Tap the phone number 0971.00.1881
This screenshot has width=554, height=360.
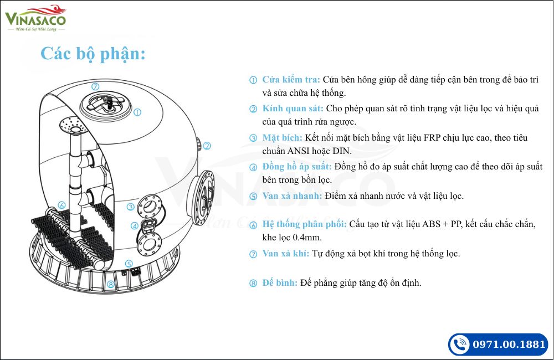tap(509, 344)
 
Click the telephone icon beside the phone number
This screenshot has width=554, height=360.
tap(460, 344)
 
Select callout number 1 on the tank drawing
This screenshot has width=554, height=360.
tap(137, 112)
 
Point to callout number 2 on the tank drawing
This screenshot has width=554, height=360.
tap(207, 146)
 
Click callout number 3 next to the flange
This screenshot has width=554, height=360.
tap(130, 207)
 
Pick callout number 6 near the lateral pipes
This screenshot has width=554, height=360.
tap(61, 205)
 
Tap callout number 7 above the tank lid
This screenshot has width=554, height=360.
tap(95, 86)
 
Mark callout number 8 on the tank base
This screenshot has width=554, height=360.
tap(111, 284)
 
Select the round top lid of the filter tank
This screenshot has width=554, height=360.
tap(106, 105)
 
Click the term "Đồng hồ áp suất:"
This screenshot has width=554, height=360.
tap(297, 166)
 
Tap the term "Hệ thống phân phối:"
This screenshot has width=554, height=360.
tap(304, 224)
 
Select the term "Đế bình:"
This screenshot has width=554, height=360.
tap(280, 283)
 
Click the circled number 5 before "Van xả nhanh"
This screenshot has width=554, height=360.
tap(253, 196)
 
